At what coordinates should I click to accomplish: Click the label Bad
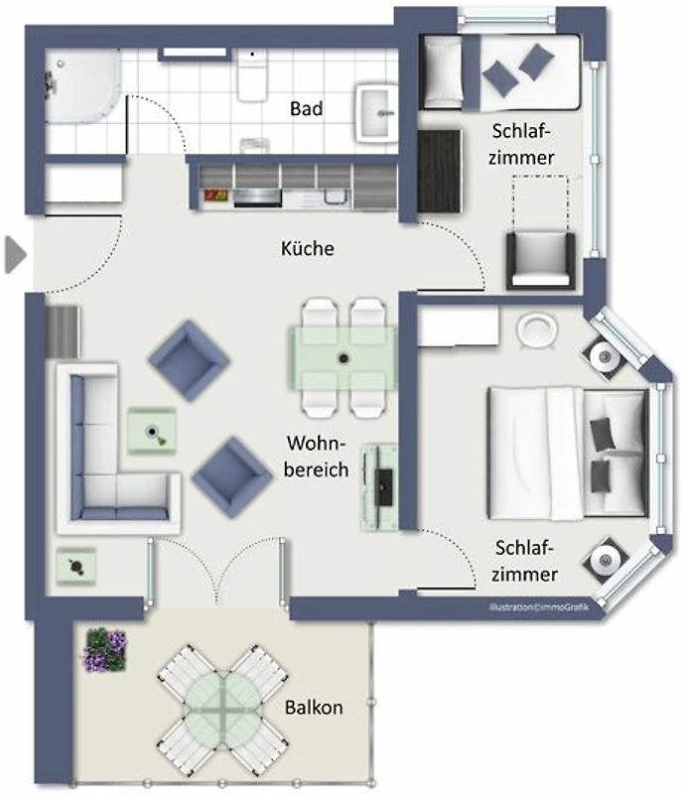(307, 108)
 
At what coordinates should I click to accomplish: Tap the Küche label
(308, 248)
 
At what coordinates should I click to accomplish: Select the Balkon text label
(314, 707)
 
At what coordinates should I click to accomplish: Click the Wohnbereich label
(317, 457)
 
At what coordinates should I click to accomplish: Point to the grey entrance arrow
(15, 255)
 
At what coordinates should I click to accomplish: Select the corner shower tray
(83, 86)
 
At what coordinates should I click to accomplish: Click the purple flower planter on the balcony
(105, 650)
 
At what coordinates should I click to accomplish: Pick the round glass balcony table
(222, 708)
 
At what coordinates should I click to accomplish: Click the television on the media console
(384, 487)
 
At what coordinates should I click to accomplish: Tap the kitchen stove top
(258, 197)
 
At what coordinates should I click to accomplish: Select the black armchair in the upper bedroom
(541, 261)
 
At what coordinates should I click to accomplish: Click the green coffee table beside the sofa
(151, 431)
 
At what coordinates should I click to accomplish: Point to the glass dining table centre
(343, 358)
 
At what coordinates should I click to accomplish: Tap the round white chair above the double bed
(537, 331)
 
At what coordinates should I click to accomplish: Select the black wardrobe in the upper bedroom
(439, 171)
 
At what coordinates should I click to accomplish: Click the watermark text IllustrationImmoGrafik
(539, 607)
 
